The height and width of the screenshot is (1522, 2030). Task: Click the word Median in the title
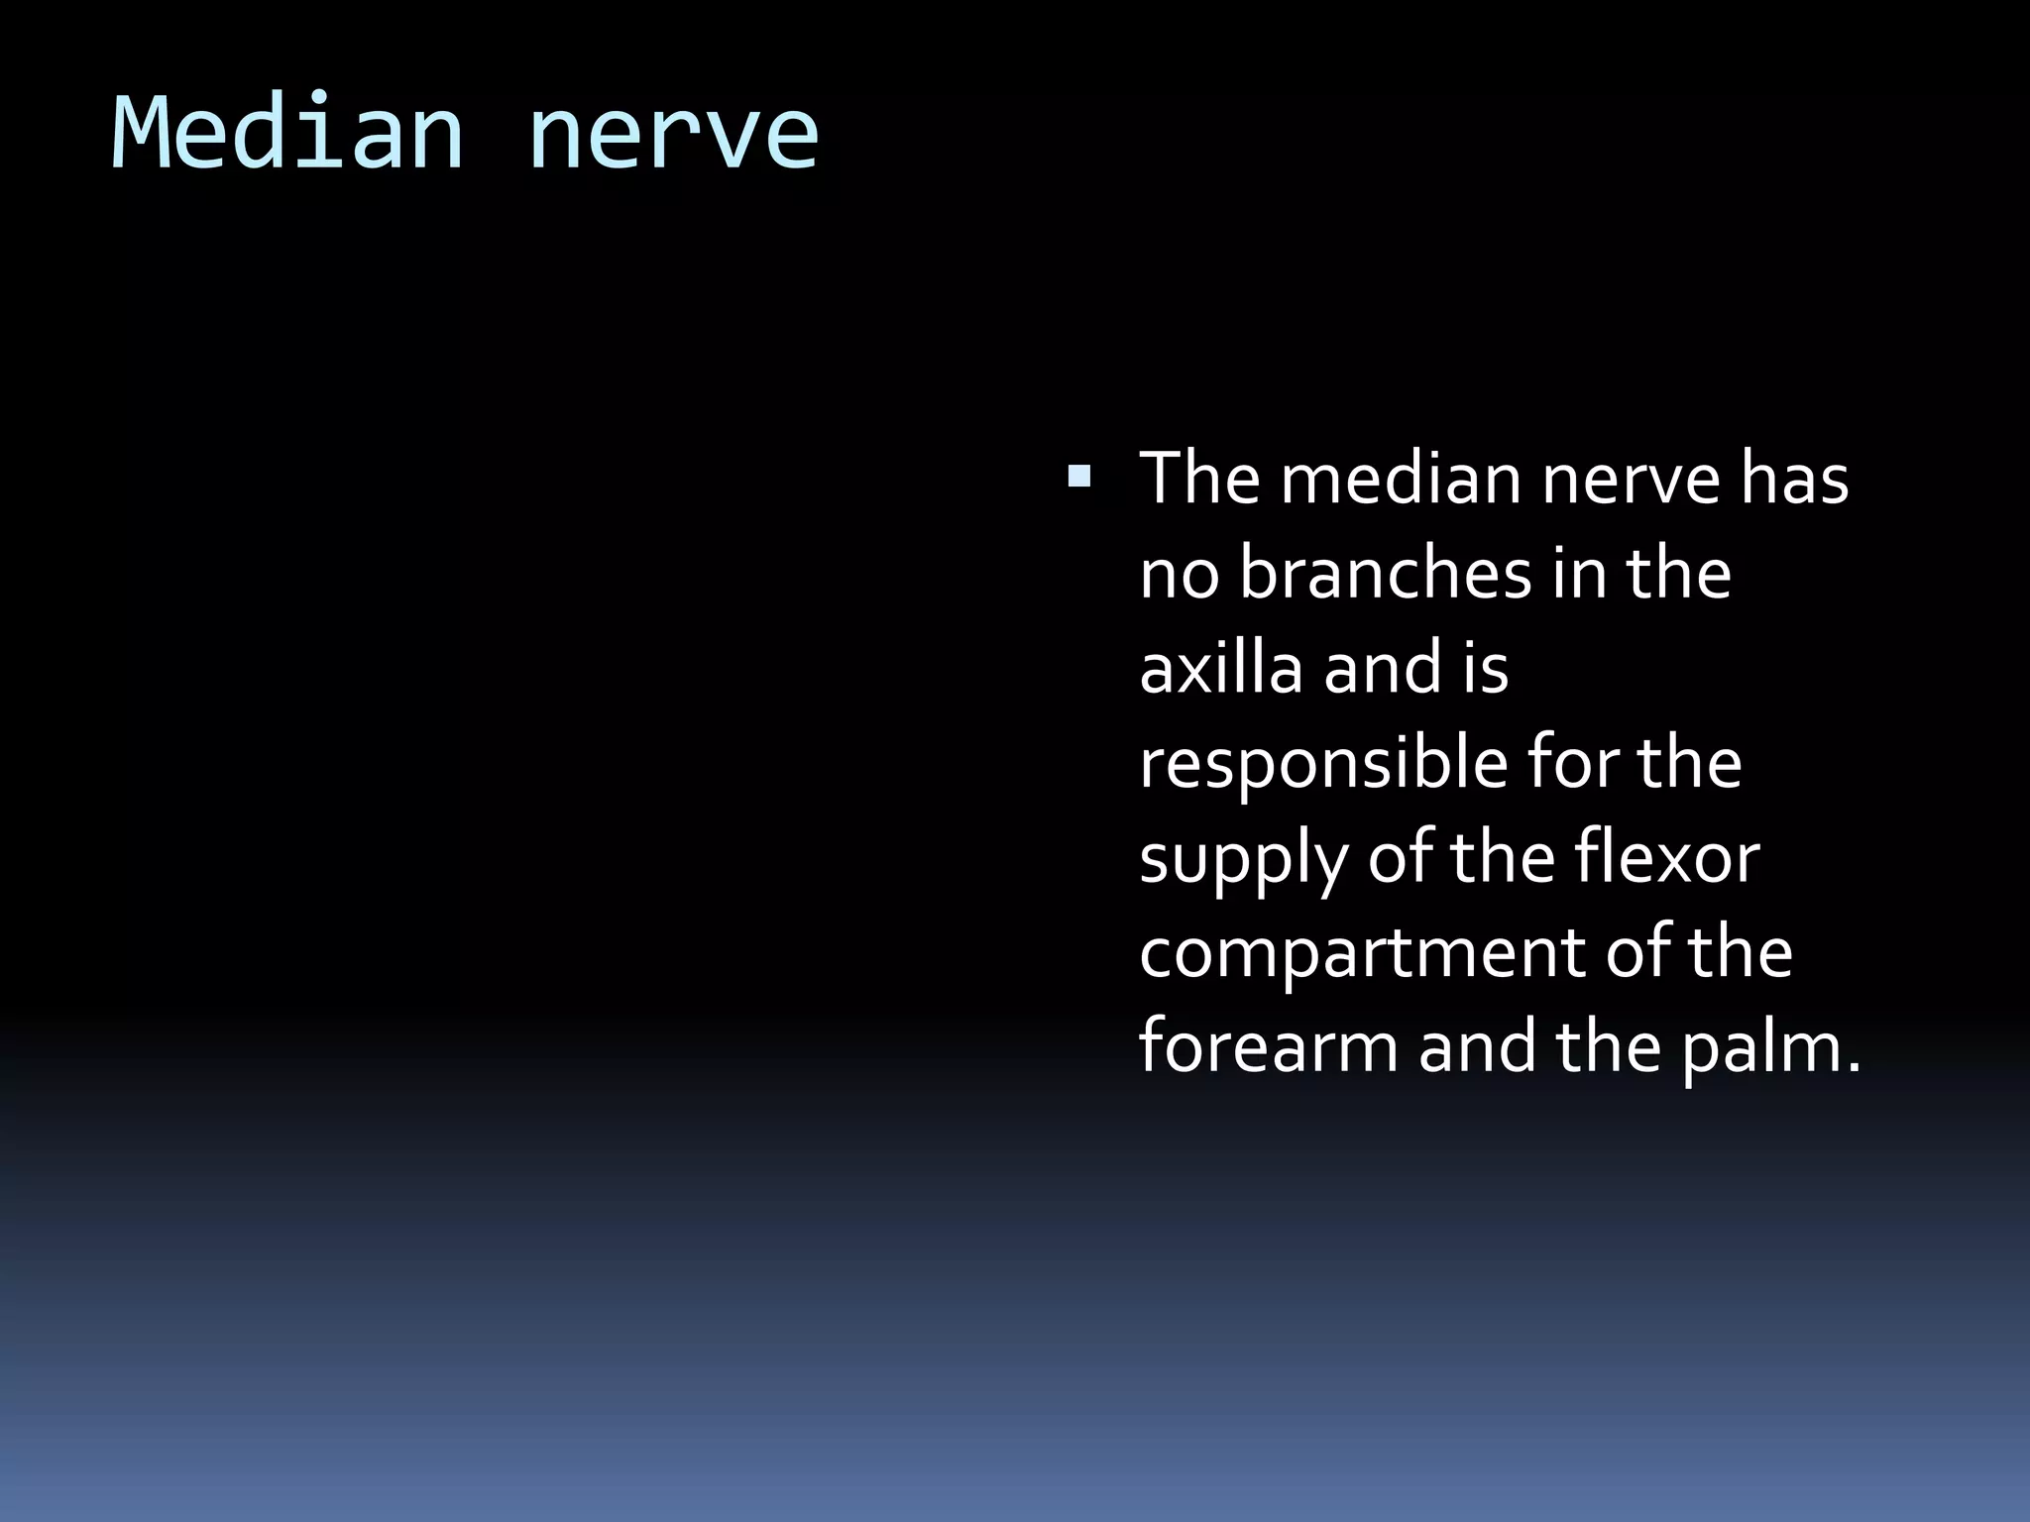pos(287,134)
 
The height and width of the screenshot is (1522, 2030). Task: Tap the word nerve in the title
pos(674,134)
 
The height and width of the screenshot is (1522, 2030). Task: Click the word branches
pos(1386,574)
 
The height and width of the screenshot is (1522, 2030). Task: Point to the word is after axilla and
pos(1484,668)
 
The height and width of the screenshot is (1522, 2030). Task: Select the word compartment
pos(1362,953)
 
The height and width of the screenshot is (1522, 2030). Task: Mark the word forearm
pos(1268,1047)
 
